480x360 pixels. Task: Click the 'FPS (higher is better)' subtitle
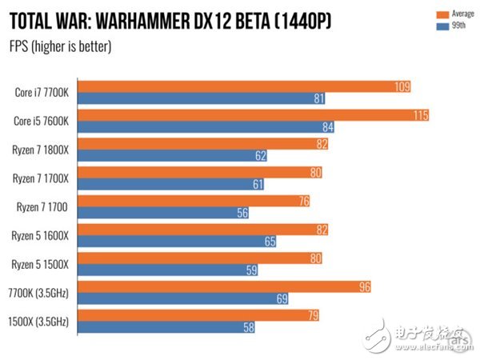point(61,46)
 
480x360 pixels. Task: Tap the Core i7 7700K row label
point(42,92)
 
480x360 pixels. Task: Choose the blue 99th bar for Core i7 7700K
point(200,98)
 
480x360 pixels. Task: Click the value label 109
point(403,86)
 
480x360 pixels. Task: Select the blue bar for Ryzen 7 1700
point(160,214)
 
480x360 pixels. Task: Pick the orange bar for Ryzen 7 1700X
point(200,172)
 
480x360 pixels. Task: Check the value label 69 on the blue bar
point(281,299)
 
